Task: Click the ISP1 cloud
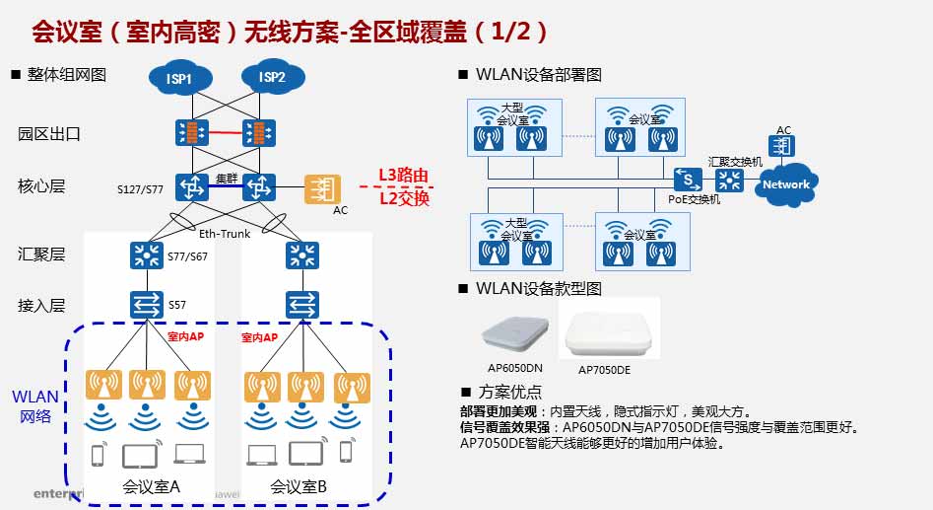click(x=178, y=78)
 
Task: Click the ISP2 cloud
click(x=271, y=77)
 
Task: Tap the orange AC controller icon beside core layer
click(x=321, y=187)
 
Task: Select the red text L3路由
click(x=405, y=177)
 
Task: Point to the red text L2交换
click(x=405, y=197)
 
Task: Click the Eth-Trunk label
click(x=225, y=234)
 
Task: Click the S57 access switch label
click(x=177, y=305)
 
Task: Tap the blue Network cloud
click(x=786, y=184)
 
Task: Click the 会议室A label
click(x=151, y=486)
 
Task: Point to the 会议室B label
click(x=299, y=486)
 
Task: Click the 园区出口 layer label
click(x=48, y=133)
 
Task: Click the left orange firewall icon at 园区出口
click(x=187, y=132)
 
